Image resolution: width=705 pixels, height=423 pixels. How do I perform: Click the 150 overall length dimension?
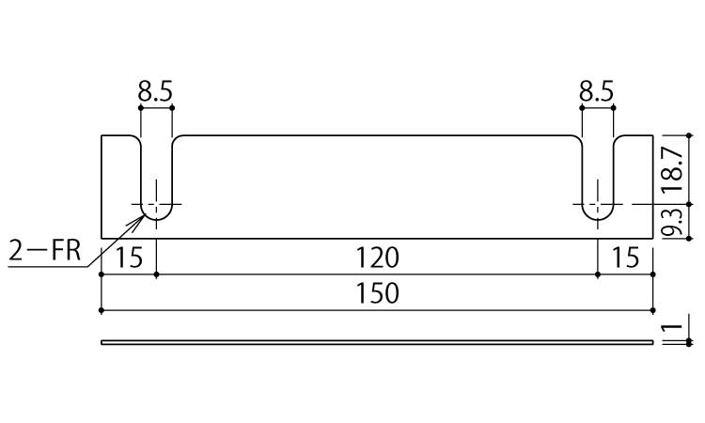tap(377, 293)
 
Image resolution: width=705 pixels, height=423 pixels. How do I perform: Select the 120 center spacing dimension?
tap(377, 258)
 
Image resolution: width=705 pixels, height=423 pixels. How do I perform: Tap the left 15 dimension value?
tap(129, 258)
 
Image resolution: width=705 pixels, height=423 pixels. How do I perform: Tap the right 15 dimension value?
tap(625, 258)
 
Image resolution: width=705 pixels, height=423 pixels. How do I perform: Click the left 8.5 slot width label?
tap(155, 92)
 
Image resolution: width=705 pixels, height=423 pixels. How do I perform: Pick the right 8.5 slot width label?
tap(596, 92)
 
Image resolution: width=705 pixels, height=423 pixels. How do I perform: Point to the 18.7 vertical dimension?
tap(674, 170)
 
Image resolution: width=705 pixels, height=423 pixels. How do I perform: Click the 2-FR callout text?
tap(44, 251)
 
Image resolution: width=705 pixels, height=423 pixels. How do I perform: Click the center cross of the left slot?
tap(156, 204)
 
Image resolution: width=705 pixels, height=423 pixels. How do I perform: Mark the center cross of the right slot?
tap(598, 204)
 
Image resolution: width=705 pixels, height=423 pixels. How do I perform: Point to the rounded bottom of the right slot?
tap(598, 219)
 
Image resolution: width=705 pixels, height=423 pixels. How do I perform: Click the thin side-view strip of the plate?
tap(377, 342)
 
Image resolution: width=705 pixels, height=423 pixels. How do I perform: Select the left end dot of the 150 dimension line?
tap(102, 310)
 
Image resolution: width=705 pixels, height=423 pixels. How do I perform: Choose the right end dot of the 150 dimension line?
tap(653, 310)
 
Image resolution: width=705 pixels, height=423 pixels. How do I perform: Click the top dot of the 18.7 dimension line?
tap(689, 134)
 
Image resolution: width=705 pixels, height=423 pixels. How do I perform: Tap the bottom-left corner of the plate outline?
tap(102, 238)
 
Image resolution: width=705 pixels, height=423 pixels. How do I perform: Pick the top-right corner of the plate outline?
tap(653, 134)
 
